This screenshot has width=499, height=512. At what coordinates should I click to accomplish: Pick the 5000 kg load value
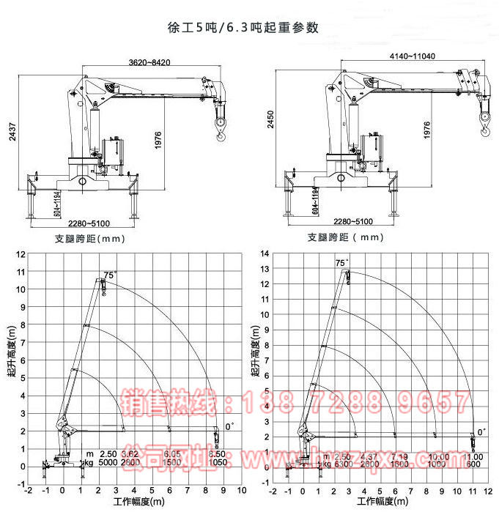coord(108,464)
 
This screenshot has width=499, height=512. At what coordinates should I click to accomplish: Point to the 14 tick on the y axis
coord(266,253)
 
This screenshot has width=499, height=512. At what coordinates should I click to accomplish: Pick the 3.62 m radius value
coord(130,454)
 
